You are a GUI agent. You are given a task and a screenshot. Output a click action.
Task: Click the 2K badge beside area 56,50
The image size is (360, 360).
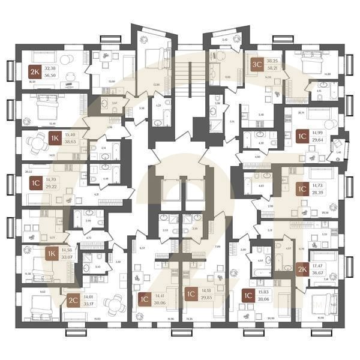tap(35, 73)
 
